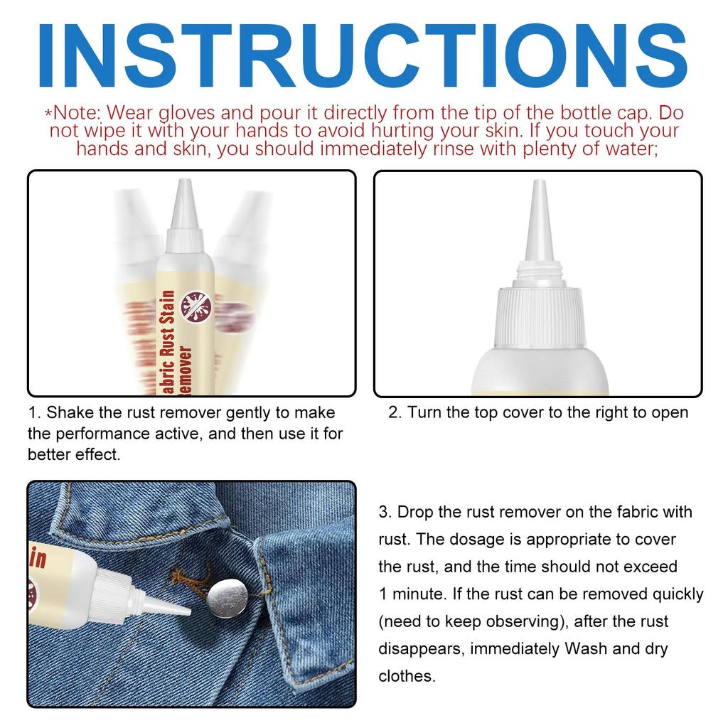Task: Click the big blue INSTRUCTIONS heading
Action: tap(364, 54)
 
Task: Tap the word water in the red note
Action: tap(619, 149)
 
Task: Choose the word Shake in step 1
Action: tap(70, 413)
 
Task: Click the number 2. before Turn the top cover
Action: tap(395, 413)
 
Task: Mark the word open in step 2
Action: tap(670, 413)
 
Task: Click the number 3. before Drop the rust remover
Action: tap(385, 512)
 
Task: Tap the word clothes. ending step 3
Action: tap(407, 676)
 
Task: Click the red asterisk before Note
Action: tap(48, 114)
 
